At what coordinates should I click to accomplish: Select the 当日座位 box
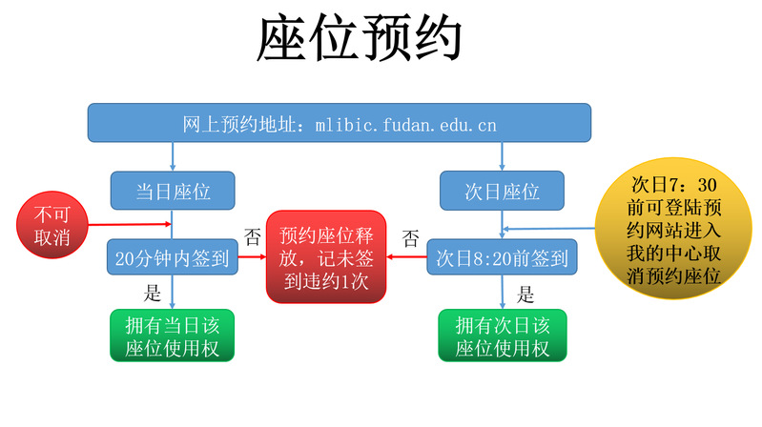[x=173, y=191]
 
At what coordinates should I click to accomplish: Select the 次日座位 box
[x=503, y=191]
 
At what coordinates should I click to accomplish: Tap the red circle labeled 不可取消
[x=52, y=225]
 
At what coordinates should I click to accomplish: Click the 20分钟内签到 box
[x=173, y=257]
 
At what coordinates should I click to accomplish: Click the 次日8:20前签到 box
[x=503, y=257]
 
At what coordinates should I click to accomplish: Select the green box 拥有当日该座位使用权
[x=173, y=335]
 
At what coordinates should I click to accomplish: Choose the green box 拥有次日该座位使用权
[x=503, y=335]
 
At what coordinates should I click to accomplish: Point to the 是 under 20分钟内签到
[x=152, y=293]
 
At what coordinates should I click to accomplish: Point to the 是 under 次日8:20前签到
[x=525, y=293]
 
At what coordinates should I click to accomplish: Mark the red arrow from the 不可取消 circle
[x=129, y=226]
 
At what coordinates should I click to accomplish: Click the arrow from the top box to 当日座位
[x=173, y=156]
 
